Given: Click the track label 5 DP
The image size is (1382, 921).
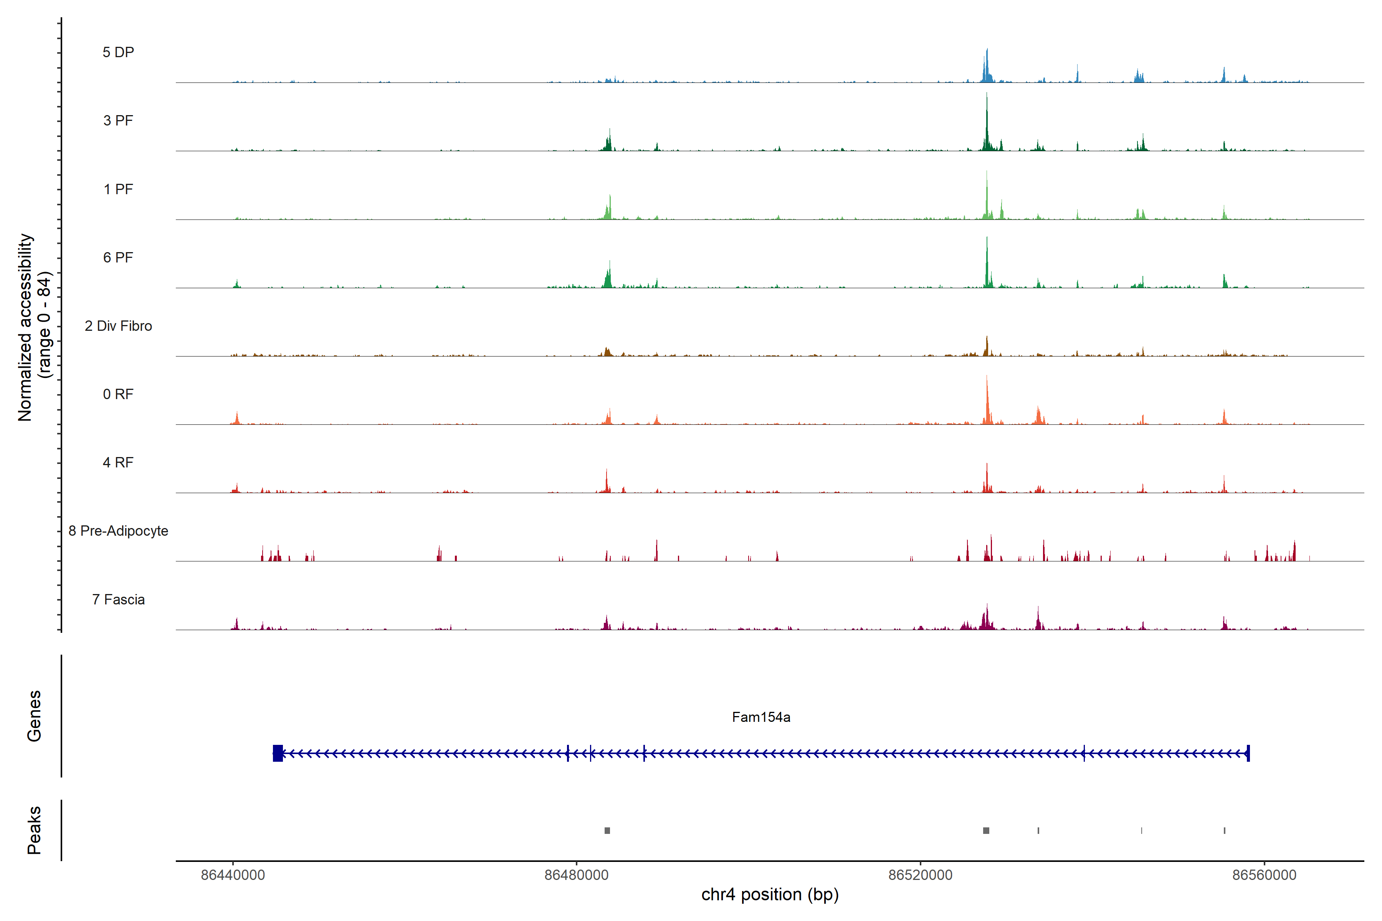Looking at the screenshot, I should tap(118, 52).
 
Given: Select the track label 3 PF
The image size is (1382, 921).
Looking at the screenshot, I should tap(118, 120).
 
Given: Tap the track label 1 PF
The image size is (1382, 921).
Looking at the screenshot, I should tap(118, 189).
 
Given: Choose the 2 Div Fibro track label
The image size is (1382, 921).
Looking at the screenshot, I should tap(118, 326).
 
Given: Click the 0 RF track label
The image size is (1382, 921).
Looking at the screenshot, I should tap(118, 394).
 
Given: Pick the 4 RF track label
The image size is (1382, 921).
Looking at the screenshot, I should tap(118, 462).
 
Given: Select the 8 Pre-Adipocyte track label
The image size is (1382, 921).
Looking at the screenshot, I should tap(118, 531).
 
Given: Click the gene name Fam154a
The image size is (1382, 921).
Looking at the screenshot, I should tap(761, 717).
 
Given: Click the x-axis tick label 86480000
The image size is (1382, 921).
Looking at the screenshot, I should tap(577, 875).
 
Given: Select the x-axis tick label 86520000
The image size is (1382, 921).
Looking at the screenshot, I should tap(920, 875).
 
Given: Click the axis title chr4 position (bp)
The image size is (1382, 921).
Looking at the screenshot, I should tap(770, 895).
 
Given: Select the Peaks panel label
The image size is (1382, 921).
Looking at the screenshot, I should tap(34, 830).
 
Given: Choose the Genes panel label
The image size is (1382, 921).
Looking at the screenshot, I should tap(34, 716).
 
